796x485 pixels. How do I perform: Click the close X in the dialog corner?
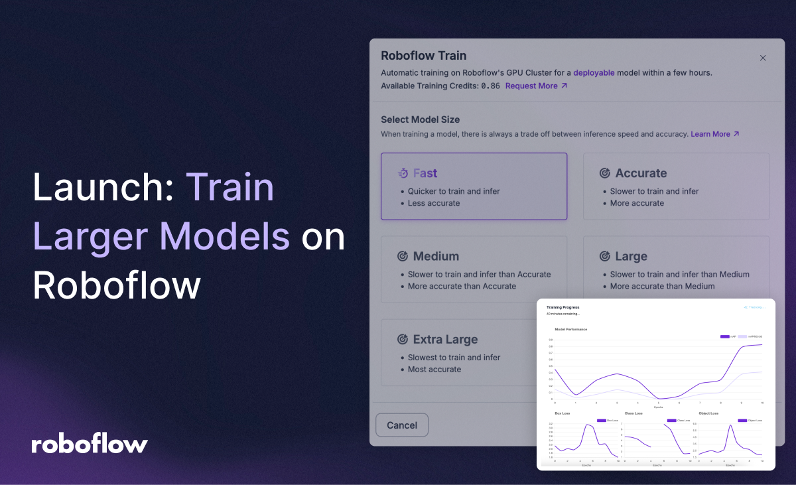763,58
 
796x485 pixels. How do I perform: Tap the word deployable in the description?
594,72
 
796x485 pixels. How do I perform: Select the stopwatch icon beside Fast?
403,173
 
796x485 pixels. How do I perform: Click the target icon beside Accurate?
605,173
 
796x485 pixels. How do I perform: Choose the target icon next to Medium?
403,256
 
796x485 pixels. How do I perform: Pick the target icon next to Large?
605,256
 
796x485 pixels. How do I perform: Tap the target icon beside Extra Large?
403,340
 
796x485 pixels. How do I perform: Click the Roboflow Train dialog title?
423,56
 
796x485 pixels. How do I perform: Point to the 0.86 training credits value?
490,86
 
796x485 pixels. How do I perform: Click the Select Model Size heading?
420,119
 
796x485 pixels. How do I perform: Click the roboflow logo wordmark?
90,444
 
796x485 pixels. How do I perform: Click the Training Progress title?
563,307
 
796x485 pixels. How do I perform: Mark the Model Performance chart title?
570,329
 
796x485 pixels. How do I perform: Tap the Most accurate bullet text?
434,370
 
